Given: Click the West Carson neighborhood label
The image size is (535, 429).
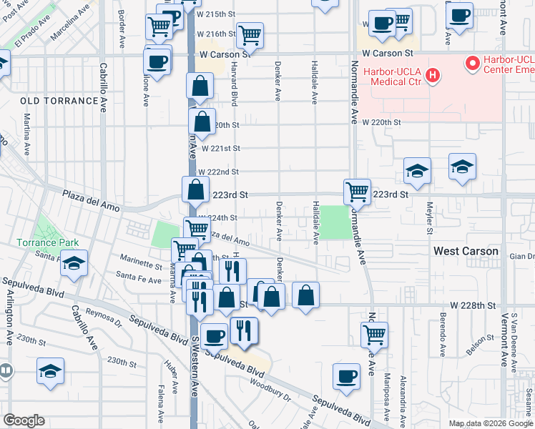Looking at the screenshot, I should pos(466,251).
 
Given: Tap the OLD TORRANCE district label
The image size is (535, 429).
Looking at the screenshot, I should pos(58,101).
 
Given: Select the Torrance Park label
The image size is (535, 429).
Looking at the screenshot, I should pos(49,242).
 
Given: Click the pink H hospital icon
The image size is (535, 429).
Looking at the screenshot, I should pos(431,74).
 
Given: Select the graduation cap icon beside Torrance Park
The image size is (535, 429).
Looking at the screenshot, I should pos(74,262).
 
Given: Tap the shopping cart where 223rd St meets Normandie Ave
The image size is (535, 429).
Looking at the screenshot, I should pos(357,191).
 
